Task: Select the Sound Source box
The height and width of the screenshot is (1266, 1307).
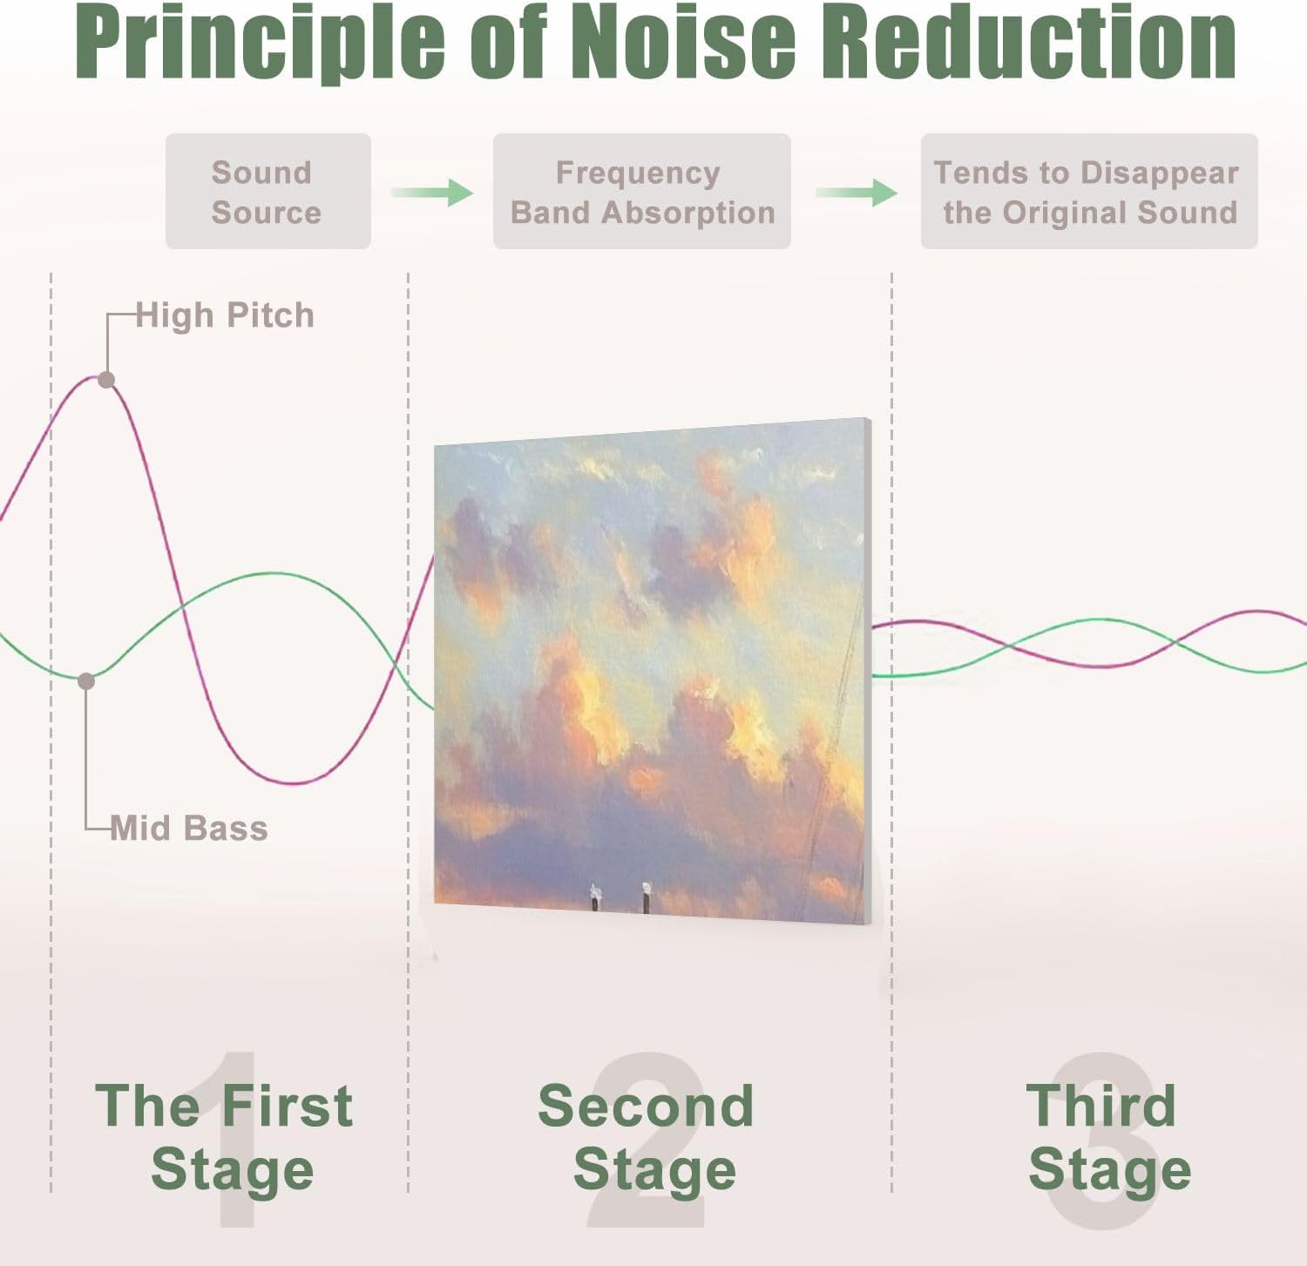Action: [267, 192]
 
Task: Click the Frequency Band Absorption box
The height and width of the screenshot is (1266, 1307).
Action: [641, 192]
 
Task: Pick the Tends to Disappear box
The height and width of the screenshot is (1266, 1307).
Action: [1088, 192]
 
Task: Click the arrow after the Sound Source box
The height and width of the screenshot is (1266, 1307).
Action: [432, 192]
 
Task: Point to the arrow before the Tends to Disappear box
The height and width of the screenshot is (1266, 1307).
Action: [857, 192]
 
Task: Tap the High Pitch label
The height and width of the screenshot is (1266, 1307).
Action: [225, 315]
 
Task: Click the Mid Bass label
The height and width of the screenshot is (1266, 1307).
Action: [189, 828]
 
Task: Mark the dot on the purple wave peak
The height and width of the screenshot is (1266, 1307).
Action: [106, 380]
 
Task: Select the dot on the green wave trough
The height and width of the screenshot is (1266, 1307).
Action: [86, 681]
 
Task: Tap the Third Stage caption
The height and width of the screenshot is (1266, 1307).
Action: [1107, 1136]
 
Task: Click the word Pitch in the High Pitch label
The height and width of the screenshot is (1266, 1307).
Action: [270, 315]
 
